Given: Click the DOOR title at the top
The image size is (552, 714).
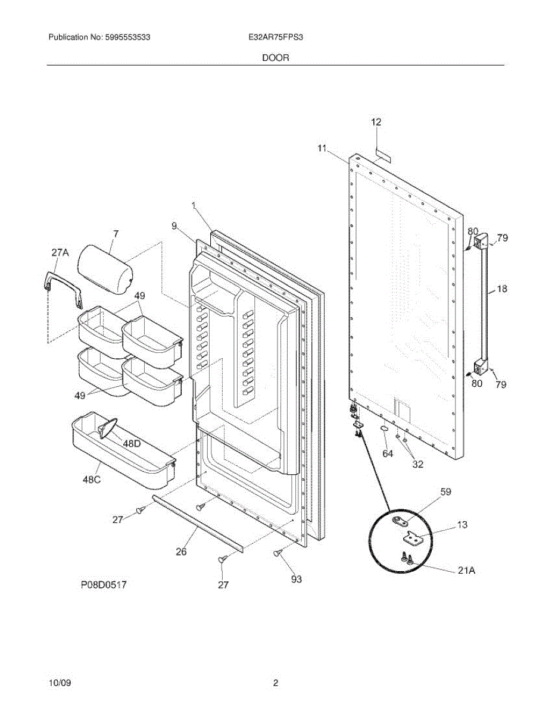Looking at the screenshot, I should click(x=276, y=58).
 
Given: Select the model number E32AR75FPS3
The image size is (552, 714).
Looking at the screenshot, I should click(x=277, y=37).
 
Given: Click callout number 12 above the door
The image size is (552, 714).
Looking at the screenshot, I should click(x=376, y=122).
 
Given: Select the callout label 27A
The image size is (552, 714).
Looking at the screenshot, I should click(x=60, y=253).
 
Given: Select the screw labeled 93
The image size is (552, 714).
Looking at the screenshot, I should click(x=278, y=553).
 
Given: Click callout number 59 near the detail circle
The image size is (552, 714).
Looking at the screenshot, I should click(x=445, y=492).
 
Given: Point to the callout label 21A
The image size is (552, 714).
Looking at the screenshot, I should click(x=466, y=570).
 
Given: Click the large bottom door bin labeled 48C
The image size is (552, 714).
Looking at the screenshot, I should click(x=122, y=447).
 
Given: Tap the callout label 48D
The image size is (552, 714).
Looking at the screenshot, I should click(x=132, y=443).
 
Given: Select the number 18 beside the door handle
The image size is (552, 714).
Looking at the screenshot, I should click(x=502, y=289).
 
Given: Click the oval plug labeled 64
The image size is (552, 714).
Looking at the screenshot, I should click(x=385, y=428).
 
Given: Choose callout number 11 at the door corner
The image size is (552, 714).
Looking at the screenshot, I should click(x=322, y=148).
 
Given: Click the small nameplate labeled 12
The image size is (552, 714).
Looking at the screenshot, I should click(x=382, y=155).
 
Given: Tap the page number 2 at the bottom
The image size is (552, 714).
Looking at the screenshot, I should click(x=276, y=684).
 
